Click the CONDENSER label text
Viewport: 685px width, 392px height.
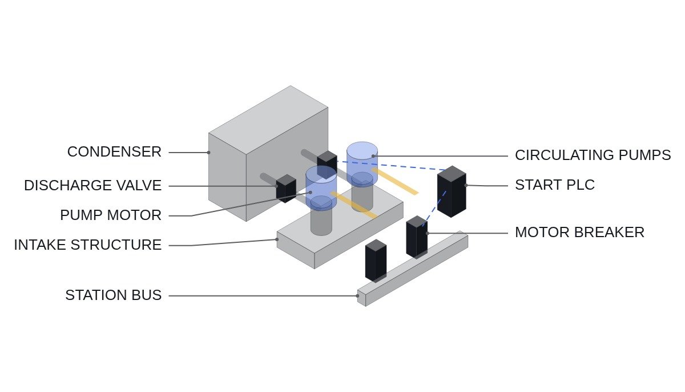[114, 152]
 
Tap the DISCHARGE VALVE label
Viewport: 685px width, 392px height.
[92, 186]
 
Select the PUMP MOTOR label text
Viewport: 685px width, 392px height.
[111, 215]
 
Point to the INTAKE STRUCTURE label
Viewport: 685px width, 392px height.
[88, 245]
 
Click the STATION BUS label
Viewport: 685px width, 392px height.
[113, 295]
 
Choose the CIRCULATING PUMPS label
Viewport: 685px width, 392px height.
[593, 155]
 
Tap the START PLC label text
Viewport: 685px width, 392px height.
[555, 185]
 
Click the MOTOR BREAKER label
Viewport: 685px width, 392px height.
[579, 232]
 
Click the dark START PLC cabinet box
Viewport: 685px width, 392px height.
[452, 192]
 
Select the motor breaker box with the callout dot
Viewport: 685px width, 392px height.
[417, 237]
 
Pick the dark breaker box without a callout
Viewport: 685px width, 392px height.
[376, 261]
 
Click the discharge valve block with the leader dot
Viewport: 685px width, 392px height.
[286, 189]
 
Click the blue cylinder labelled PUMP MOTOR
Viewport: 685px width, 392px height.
[321, 188]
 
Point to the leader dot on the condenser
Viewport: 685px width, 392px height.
[208, 153]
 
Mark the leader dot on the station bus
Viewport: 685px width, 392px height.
[357, 296]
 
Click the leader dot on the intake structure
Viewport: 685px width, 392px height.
[277, 239]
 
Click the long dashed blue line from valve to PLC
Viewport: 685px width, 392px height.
[391, 166]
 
